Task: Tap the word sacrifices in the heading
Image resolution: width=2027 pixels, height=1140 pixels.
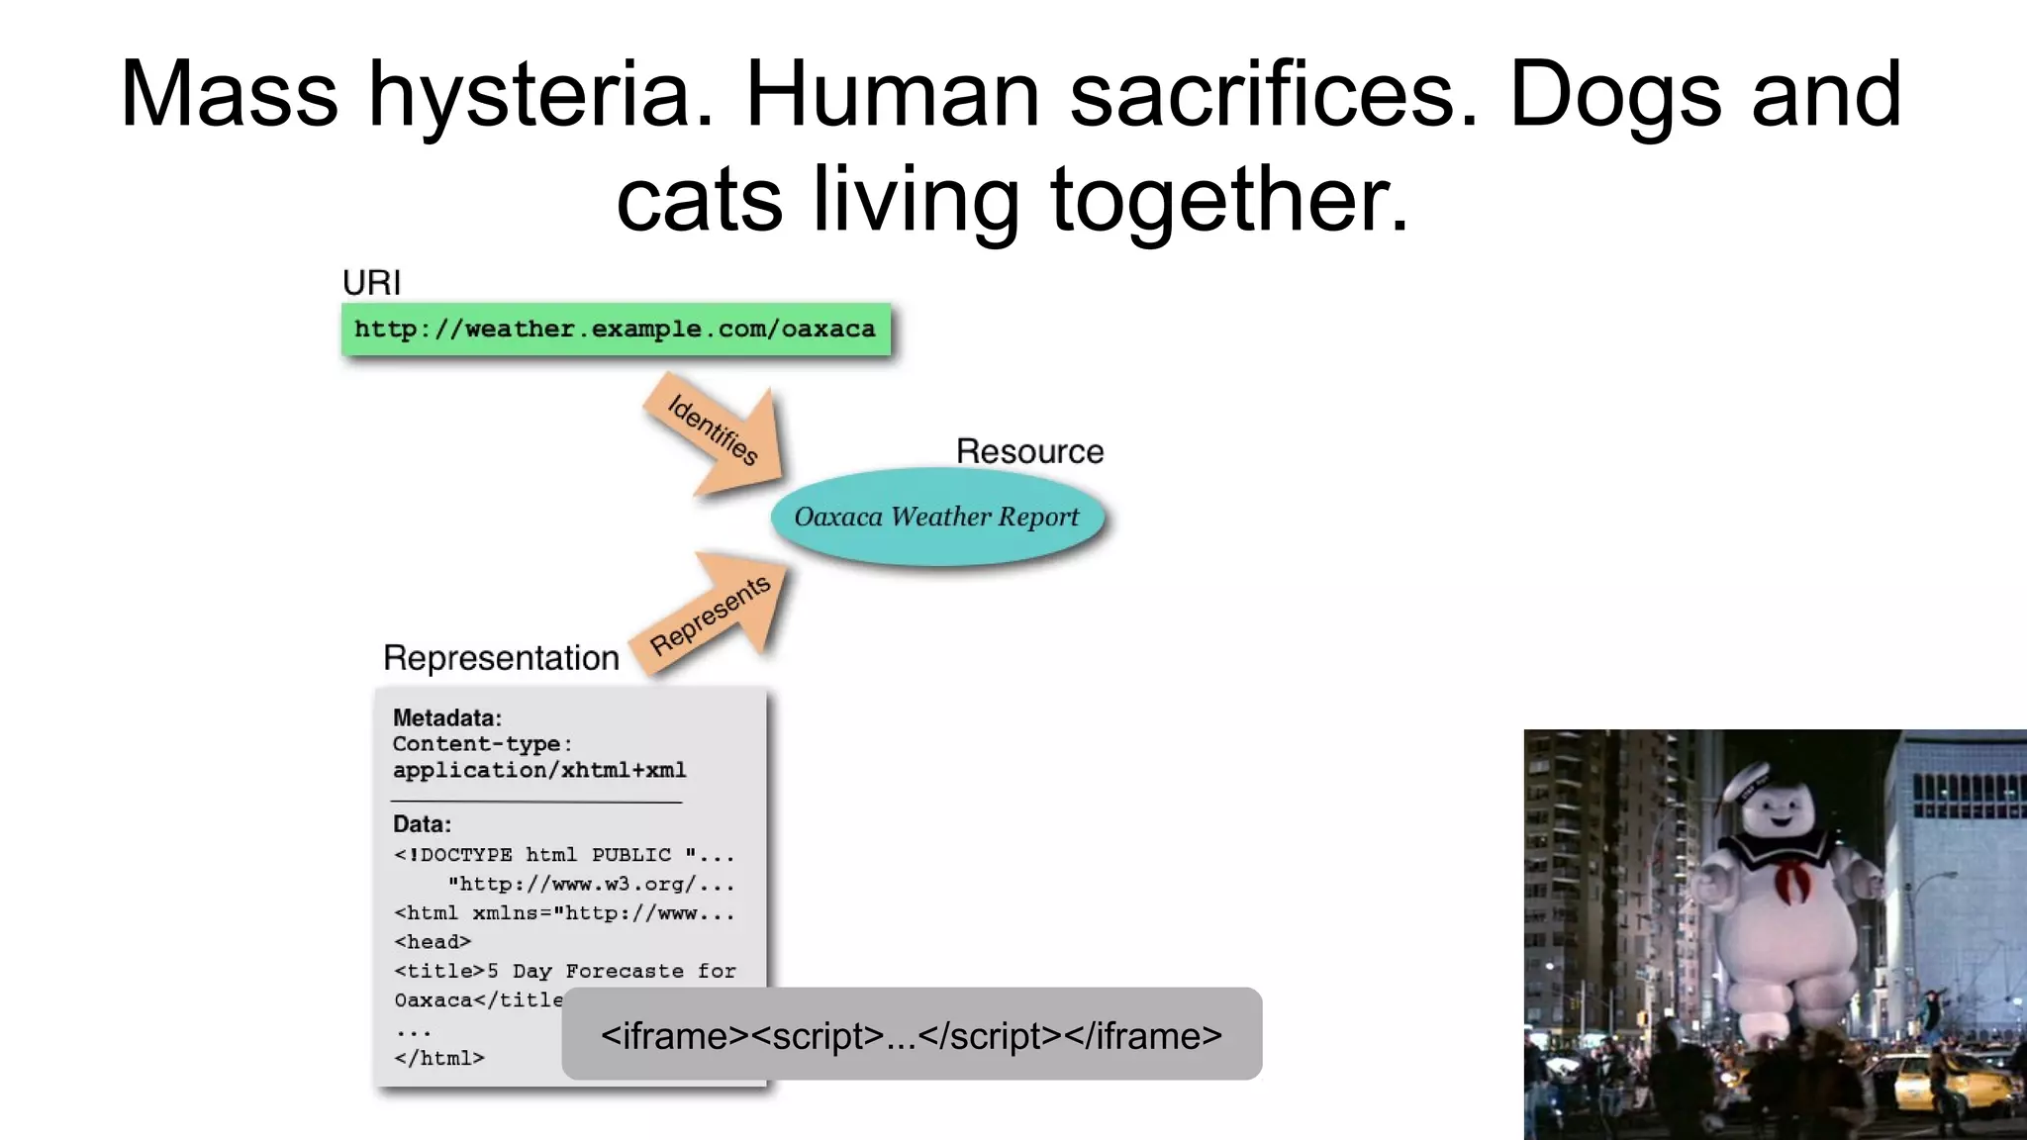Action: click(1274, 96)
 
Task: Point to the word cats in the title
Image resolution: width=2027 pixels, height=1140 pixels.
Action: click(699, 201)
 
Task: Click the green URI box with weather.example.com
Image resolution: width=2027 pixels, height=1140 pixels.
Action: click(616, 330)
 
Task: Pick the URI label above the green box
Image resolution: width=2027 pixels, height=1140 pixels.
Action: click(371, 283)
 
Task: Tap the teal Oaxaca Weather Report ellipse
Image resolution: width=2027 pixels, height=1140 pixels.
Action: click(936, 517)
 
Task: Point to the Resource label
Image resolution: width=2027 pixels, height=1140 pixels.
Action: click(1029, 451)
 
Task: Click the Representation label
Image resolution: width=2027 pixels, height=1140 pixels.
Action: click(501, 658)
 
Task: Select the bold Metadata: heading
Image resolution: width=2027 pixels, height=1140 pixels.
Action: click(446, 717)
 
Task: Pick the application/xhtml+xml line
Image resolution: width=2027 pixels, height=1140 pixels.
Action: click(539, 770)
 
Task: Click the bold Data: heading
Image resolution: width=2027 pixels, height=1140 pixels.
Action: click(422, 823)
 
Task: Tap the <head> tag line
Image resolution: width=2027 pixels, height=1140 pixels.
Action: click(433, 942)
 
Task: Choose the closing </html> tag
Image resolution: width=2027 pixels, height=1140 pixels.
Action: click(439, 1058)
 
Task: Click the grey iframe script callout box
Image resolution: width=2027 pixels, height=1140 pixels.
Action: click(912, 1034)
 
